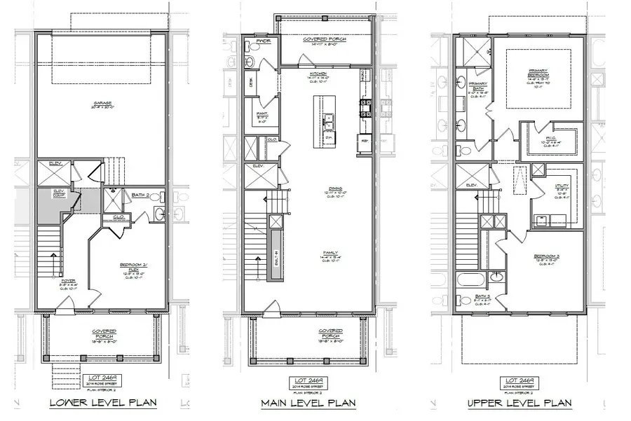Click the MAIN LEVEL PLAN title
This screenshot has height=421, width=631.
click(x=308, y=403)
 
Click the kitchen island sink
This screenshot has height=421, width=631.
click(x=327, y=126)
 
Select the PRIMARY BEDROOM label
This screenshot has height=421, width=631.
click(x=538, y=72)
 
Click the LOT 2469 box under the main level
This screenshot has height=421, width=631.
click(x=307, y=383)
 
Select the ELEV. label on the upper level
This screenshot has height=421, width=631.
click(x=471, y=186)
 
